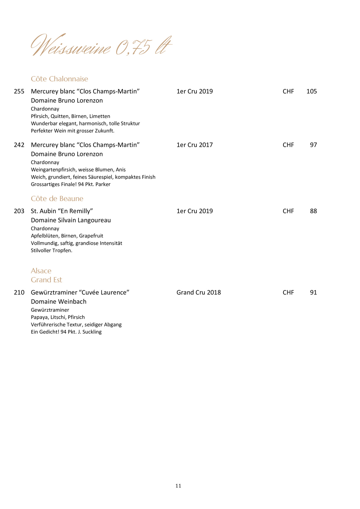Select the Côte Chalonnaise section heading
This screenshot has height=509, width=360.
(59, 79)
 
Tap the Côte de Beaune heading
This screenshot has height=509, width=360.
(57, 199)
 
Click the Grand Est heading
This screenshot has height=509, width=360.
(46, 280)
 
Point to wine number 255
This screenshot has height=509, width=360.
(19, 91)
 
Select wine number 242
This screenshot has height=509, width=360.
(19, 145)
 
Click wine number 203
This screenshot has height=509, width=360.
(19, 211)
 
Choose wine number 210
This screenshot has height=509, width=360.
(19, 292)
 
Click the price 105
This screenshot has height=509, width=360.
(312, 91)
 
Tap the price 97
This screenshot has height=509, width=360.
(313, 145)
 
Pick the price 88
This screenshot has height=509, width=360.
(313, 211)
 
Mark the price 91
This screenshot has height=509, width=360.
(313, 292)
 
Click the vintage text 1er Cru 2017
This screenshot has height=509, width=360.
(194, 145)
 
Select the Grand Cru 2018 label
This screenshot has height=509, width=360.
(199, 292)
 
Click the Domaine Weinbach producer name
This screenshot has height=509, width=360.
(59, 302)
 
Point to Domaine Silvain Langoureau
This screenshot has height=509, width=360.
(71, 220)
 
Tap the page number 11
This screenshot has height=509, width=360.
(178, 486)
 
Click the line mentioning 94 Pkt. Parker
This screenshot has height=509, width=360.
(71, 184)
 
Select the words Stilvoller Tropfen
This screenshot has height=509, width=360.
(51, 251)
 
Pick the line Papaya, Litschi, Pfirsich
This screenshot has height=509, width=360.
(58, 317)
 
